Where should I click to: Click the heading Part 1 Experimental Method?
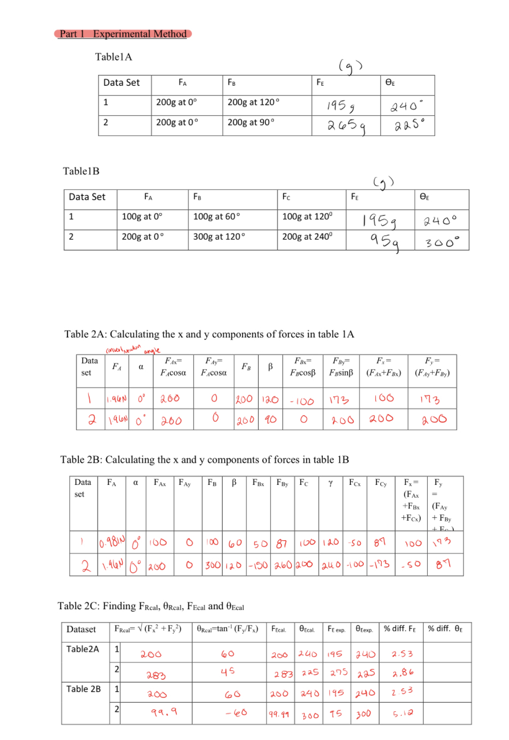click(x=123, y=34)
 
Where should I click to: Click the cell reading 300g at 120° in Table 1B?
click(x=218, y=237)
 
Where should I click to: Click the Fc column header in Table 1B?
click(x=286, y=197)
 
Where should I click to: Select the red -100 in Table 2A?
click(x=300, y=399)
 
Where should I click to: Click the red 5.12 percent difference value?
click(x=400, y=714)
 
